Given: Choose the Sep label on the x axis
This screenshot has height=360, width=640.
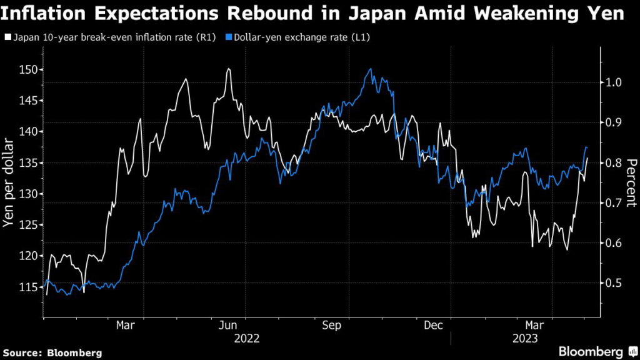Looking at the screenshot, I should [x=331, y=325].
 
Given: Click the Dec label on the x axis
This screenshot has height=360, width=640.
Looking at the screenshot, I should [x=433, y=325].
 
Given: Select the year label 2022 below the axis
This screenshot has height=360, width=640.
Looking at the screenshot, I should [x=247, y=338].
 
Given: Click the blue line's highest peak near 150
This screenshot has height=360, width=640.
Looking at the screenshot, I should [x=371, y=69].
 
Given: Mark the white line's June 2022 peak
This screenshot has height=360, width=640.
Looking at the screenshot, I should [x=229, y=69].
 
